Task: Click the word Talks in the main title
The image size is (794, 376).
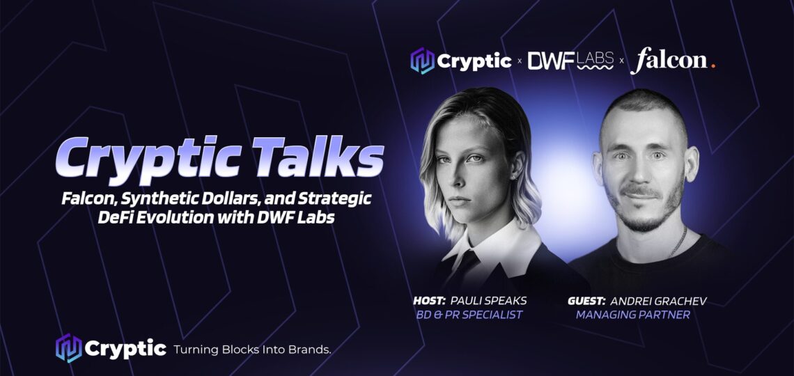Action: click(318, 157)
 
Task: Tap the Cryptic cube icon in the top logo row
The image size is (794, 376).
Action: click(422, 61)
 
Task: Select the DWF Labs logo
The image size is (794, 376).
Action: click(570, 61)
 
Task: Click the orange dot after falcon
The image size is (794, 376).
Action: click(713, 65)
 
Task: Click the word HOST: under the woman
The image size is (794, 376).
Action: click(429, 301)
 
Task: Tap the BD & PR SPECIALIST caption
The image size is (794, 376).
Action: click(468, 315)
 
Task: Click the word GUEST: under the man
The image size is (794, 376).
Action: click(587, 301)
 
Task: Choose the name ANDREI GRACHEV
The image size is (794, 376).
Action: click(658, 301)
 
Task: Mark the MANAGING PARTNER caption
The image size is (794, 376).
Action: click(633, 315)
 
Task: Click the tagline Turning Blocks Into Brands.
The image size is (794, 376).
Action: click(253, 349)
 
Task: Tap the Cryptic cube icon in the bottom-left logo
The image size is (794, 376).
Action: click(68, 348)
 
